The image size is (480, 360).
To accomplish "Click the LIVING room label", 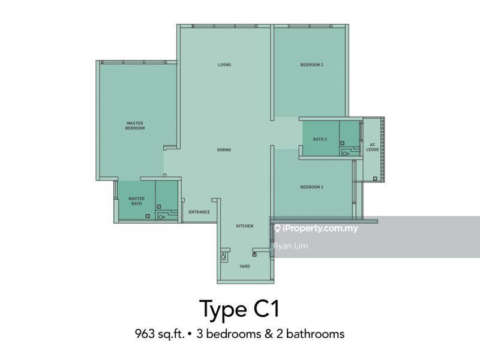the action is click(x=224, y=65).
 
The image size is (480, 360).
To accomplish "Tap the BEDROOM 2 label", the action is click(x=311, y=65).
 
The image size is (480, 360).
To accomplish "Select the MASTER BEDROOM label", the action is click(x=135, y=125).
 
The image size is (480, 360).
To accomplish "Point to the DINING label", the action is click(x=224, y=149).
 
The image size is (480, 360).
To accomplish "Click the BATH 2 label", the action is click(x=320, y=139).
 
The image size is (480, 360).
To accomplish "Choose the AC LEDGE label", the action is click(x=373, y=147).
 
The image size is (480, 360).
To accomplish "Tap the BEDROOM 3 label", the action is click(x=311, y=187).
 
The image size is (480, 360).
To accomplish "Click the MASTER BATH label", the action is click(x=137, y=201).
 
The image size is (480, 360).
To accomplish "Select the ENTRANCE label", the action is click(x=199, y=212).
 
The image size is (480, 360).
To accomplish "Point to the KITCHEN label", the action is click(x=245, y=226).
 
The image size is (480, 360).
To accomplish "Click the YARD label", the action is click(x=245, y=266).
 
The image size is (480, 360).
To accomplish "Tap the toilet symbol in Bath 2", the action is click(x=346, y=153).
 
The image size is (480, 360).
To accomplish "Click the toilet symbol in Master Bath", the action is click(x=161, y=217).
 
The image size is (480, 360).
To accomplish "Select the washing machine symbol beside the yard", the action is click(x=223, y=256).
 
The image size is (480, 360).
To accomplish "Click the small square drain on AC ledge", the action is click(x=375, y=178).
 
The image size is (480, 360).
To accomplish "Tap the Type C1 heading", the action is click(x=239, y=309).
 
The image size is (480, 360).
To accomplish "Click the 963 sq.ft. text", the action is click(x=160, y=334).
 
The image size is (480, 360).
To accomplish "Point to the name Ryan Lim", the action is click(x=291, y=246).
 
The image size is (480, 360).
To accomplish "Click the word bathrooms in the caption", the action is click(x=316, y=334).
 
